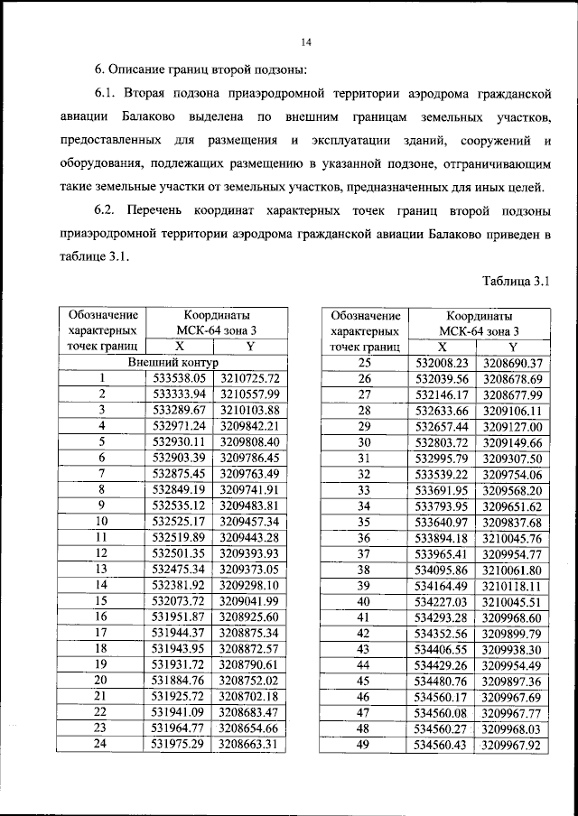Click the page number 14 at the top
[x=305, y=42]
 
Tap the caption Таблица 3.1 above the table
[x=517, y=281]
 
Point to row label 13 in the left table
[x=102, y=569]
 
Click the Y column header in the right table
[x=512, y=347]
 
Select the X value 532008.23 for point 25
[x=443, y=362]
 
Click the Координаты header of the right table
[x=478, y=316]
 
